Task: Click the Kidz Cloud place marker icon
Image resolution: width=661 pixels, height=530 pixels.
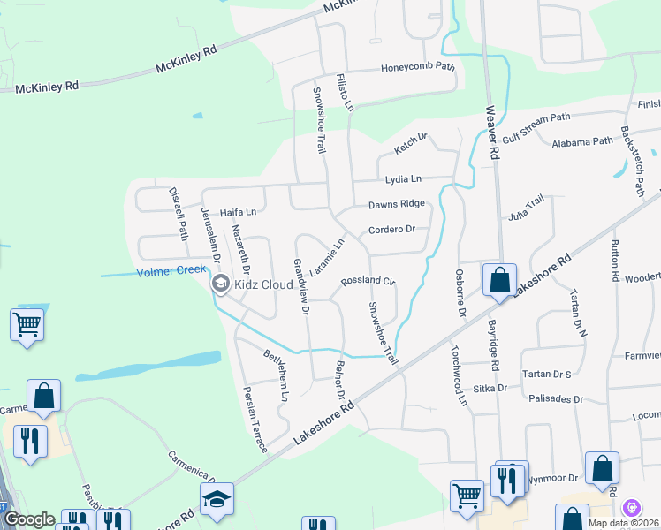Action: point(220,284)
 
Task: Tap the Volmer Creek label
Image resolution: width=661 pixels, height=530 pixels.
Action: point(171,271)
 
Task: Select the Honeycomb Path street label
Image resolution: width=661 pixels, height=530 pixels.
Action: point(417,67)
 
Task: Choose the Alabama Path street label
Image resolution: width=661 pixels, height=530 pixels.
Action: point(581,142)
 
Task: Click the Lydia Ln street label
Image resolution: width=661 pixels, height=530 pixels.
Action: point(404,179)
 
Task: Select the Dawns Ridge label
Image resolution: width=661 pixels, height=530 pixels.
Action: point(397,204)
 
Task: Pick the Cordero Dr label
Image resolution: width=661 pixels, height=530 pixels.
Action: point(391,230)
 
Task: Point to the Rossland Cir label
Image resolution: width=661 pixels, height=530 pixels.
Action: point(367,280)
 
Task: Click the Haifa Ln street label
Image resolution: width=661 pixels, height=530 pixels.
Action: point(238,212)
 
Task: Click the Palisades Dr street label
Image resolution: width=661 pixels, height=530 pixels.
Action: point(555,399)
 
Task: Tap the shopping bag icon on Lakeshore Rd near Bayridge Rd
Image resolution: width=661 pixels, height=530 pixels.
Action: point(499,281)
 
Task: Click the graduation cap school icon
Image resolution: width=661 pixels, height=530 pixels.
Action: point(216,500)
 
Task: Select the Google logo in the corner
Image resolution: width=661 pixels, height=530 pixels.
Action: point(29,519)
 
